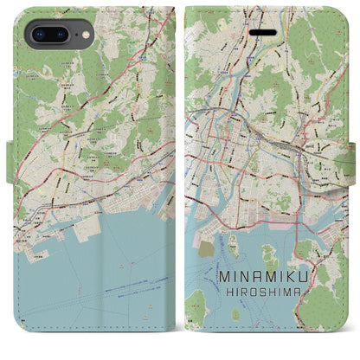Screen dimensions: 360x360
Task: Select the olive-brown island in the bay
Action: pos(206,248)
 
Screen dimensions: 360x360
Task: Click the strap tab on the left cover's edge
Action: pos(10,155)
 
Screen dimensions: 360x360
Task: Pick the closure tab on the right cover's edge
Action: pos(356,155)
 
